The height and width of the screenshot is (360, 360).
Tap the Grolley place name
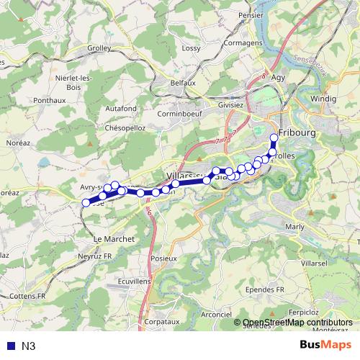click(98, 48)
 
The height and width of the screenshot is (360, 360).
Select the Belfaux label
click(183, 83)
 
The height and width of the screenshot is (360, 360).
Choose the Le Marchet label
click(109, 238)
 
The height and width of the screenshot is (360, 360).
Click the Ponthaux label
click(50, 100)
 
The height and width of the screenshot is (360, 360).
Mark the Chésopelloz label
click(126, 127)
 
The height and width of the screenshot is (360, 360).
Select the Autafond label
click(121, 107)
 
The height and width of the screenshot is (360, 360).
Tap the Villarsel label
click(314, 264)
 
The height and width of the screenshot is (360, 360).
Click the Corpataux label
click(161, 322)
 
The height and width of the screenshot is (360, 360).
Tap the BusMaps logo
click(326, 346)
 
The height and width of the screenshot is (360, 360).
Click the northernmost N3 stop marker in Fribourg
click(274, 138)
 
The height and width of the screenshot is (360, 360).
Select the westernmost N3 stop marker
click(86, 202)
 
